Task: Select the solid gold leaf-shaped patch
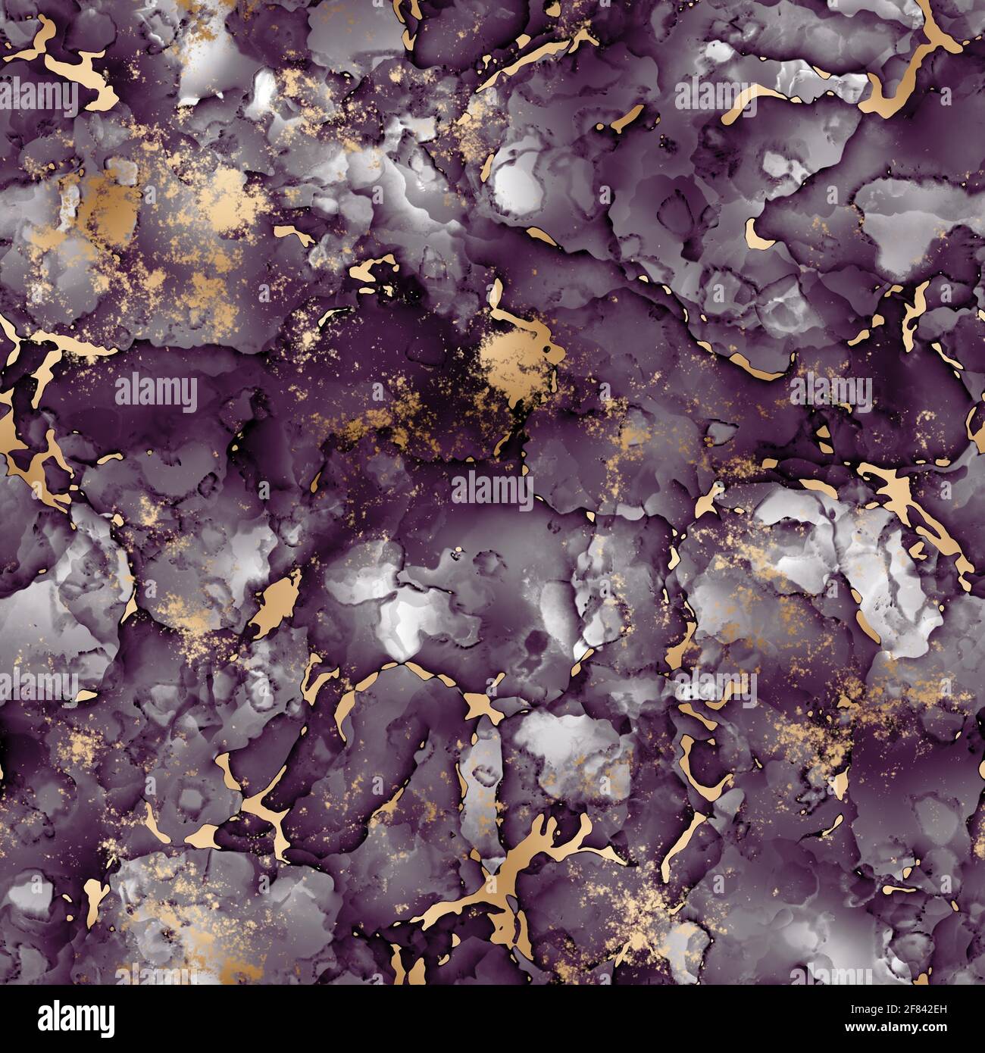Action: point(274,602)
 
